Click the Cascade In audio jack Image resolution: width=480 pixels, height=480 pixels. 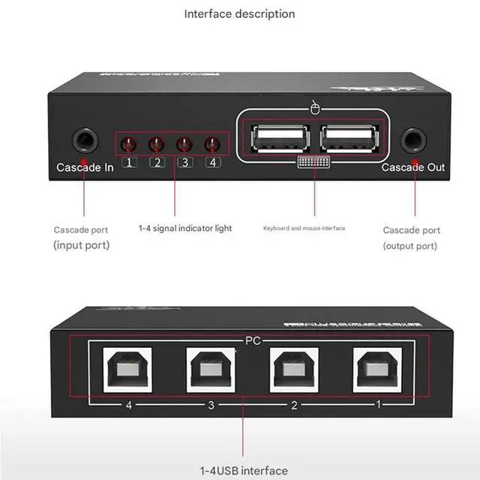pyautogui.click(x=85, y=140)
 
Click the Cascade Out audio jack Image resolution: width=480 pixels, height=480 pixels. pyautogui.click(x=413, y=140)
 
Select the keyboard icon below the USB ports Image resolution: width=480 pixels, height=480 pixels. pyautogui.click(x=314, y=163)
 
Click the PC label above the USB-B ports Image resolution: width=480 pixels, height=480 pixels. pyautogui.click(x=253, y=340)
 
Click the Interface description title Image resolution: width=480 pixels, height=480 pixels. pyautogui.click(x=239, y=13)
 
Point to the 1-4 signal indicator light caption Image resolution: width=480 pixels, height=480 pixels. pyautogui.click(x=185, y=228)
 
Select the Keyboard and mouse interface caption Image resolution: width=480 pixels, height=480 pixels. pyautogui.click(x=304, y=228)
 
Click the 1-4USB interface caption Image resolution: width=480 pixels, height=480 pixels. pyautogui.click(x=244, y=470)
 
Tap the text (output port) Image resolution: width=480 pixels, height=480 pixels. pyautogui.click(x=410, y=246)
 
